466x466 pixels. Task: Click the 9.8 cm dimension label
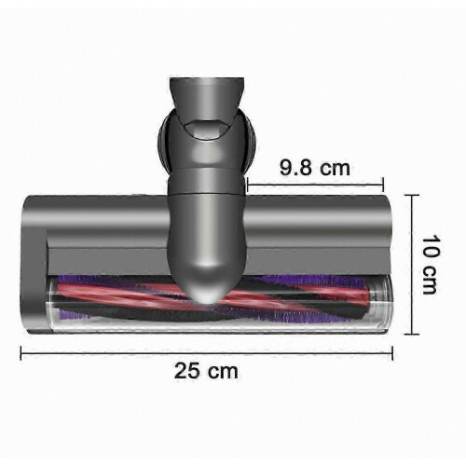(x=315, y=168)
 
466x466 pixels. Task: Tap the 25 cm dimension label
(x=206, y=371)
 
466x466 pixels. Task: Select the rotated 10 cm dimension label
(x=431, y=265)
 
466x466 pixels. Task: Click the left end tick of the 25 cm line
(x=21, y=353)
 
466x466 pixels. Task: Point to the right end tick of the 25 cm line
(x=392, y=353)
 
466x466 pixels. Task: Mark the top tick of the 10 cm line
(x=412, y=195)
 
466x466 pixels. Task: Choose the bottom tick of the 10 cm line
(x=412, y=335)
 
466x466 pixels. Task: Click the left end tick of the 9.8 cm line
(x=247, y=185)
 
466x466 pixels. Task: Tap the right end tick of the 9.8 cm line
(x=383, y=185)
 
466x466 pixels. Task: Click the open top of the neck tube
(x=206, y=81)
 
